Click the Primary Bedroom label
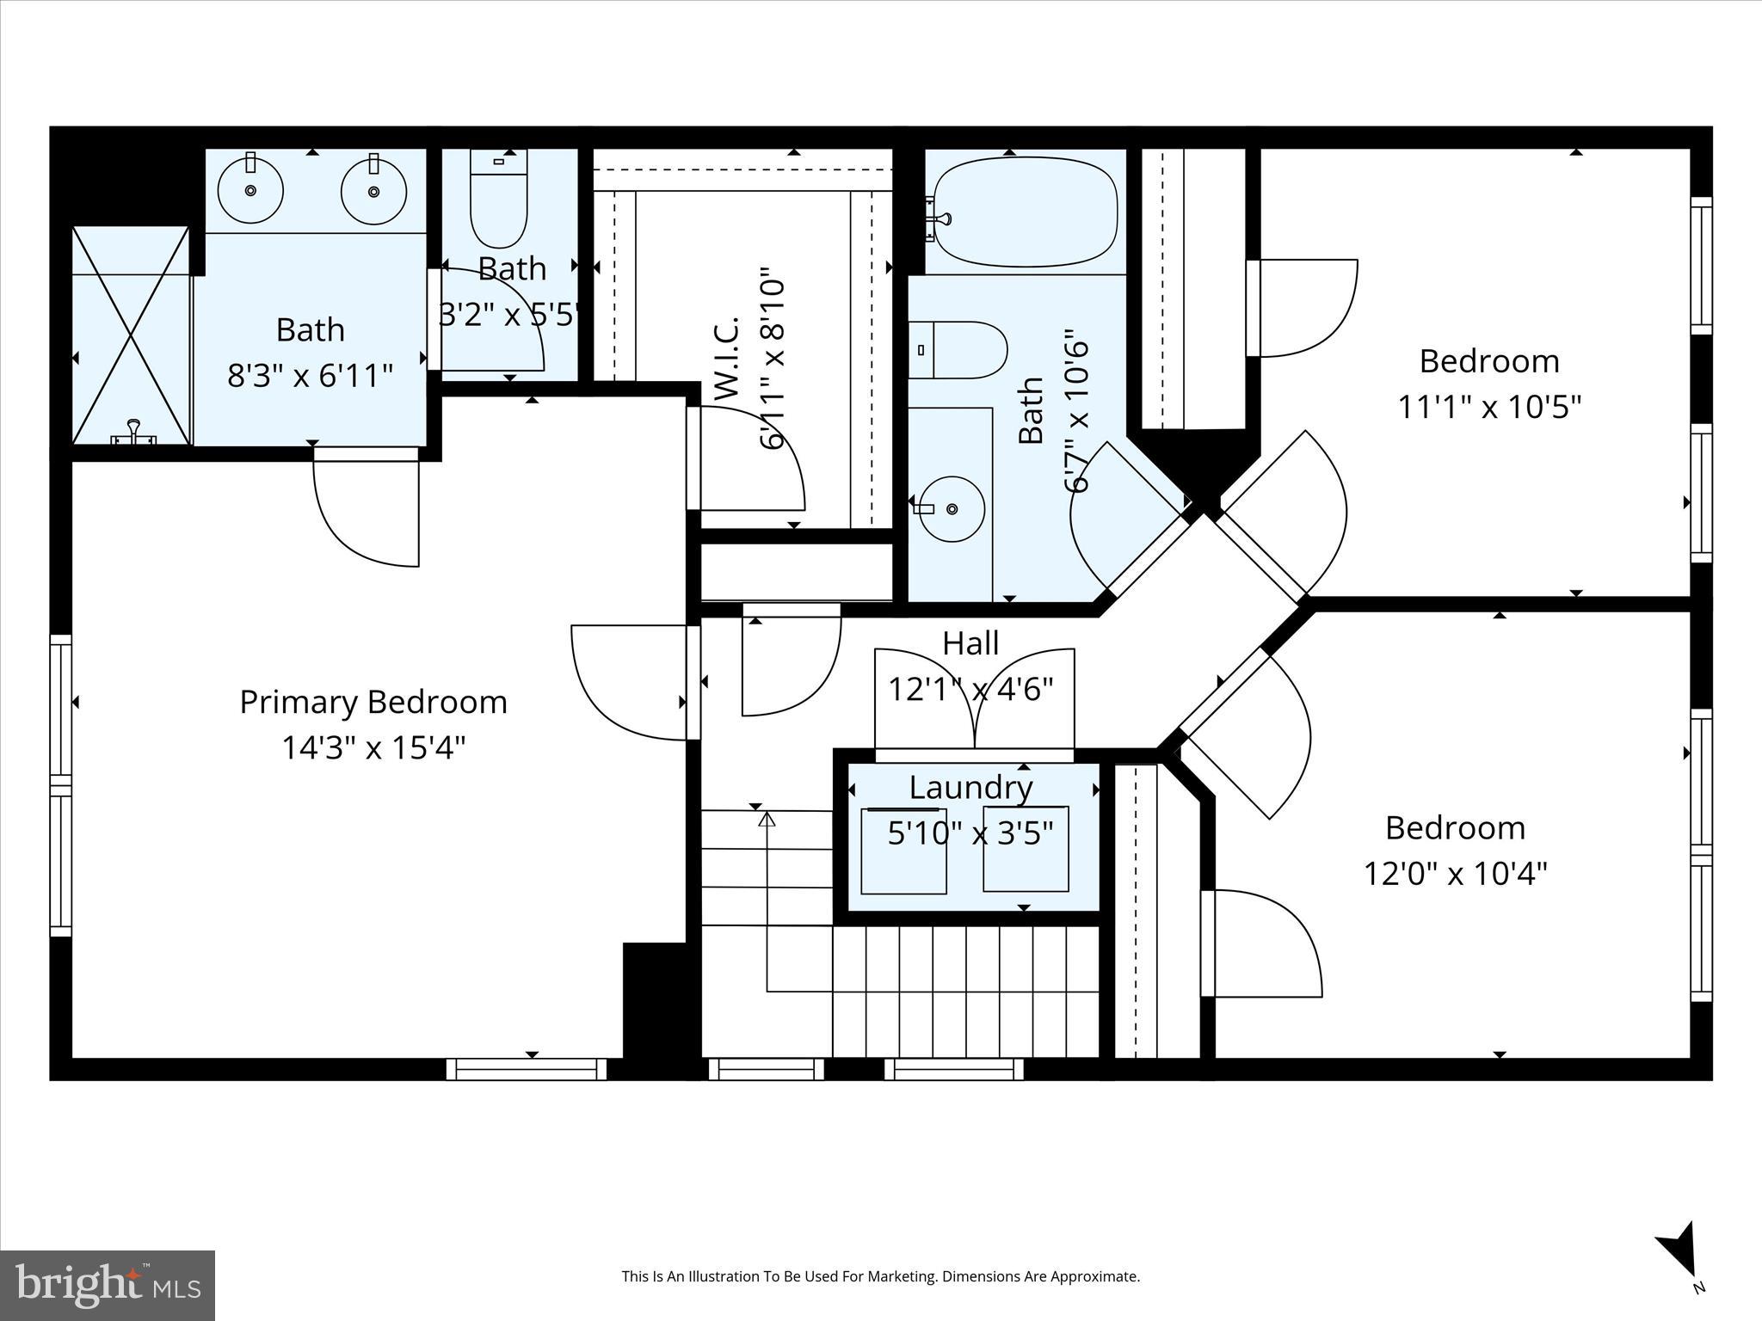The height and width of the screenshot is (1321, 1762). [373, 703]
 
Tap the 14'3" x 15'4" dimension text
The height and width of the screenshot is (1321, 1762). [373, 748]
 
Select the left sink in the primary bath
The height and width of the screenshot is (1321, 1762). [250, 190]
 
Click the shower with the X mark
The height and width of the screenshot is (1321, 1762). [130, 335]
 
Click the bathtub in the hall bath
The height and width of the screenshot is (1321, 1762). [1026, 212]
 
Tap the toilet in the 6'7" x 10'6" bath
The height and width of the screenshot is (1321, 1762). [958, 350]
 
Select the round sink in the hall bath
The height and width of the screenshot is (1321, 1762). [952, 509]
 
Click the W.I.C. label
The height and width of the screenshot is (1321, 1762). [727, 359]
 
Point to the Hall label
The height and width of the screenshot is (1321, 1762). [970, 643]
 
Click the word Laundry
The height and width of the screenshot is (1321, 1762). [970, 788]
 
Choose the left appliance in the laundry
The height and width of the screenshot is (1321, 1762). [903, 851]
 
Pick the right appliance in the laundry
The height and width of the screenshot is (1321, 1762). [1026, 849]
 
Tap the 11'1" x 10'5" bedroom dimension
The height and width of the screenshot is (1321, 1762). [1489, 407]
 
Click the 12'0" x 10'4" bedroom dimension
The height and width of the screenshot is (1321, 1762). [1455, 875]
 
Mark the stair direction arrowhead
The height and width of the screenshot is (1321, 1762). [767, 818]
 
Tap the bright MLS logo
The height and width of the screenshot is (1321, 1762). [108, 1285]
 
